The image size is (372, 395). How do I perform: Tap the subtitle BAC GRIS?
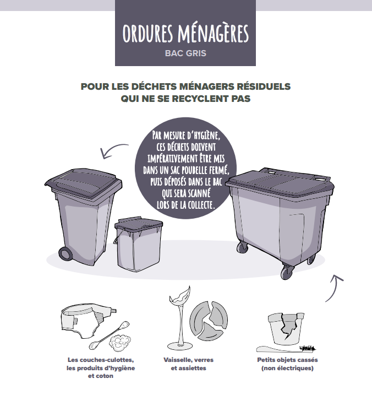tap(185, 54)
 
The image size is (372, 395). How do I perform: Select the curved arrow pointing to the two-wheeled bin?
tap(114, 150)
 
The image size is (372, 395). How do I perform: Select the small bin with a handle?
tap(138, 245)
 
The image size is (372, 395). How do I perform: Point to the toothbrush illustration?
tap(287, 348)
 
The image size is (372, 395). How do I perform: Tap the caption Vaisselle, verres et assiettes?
tap(188, 364)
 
